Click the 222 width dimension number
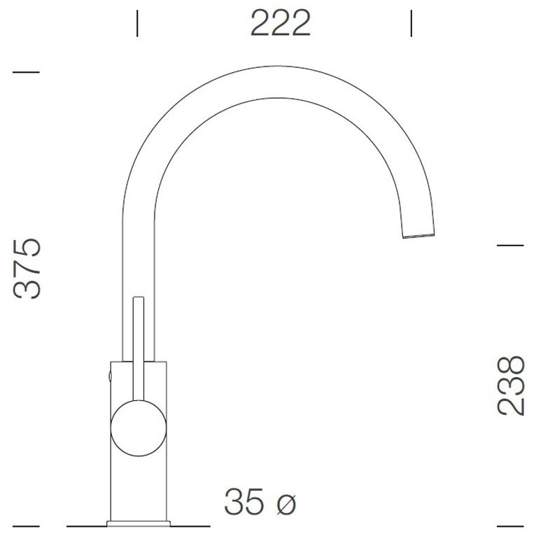[281, 23]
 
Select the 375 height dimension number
[27, 268]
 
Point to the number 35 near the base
[244, 502]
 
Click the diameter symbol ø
[286, 504]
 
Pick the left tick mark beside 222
[137, 23]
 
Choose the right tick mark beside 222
[411, 23]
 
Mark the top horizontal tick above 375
[26, 72]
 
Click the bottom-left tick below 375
[26, 525]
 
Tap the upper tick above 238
[510, 246]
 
